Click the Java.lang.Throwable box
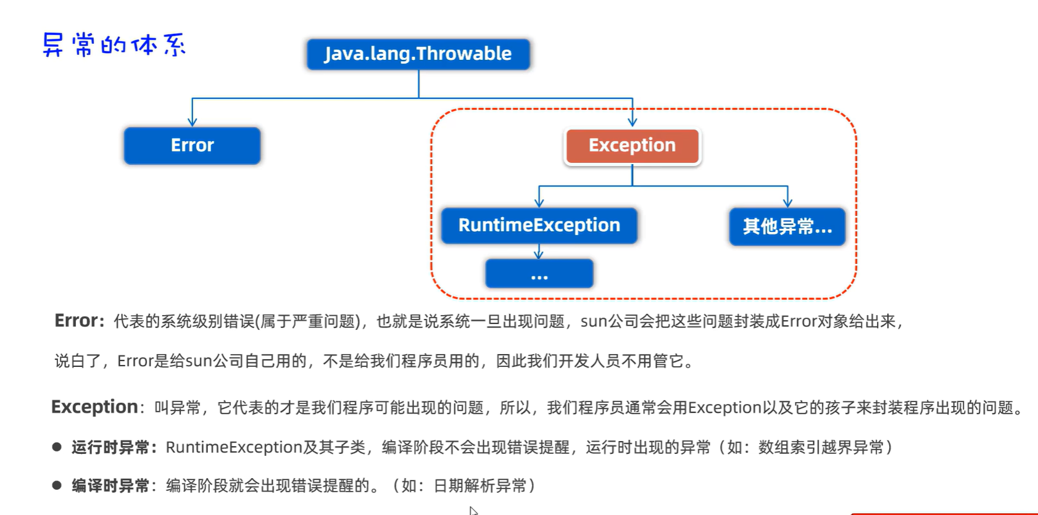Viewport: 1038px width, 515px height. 418,54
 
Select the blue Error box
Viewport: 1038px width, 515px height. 192,146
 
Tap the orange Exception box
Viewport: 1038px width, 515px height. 632,146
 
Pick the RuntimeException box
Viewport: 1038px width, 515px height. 539,226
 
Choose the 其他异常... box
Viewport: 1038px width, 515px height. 787,227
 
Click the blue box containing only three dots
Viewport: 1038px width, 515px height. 539,274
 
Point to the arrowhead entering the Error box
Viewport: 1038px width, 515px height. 193,122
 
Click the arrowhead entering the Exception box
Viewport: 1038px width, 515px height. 632,122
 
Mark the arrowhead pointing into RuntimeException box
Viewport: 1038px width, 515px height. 539,202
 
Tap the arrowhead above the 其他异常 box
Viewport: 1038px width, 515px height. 787,202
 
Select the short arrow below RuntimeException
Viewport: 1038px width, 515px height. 539,252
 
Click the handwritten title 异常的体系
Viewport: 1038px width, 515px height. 114,45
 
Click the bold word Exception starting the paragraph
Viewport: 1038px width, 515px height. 94,407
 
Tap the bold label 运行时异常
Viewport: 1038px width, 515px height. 110,447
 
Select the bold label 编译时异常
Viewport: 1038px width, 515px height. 110,486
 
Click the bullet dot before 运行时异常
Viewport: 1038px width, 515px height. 57,447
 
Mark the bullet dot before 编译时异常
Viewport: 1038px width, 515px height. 57,485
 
